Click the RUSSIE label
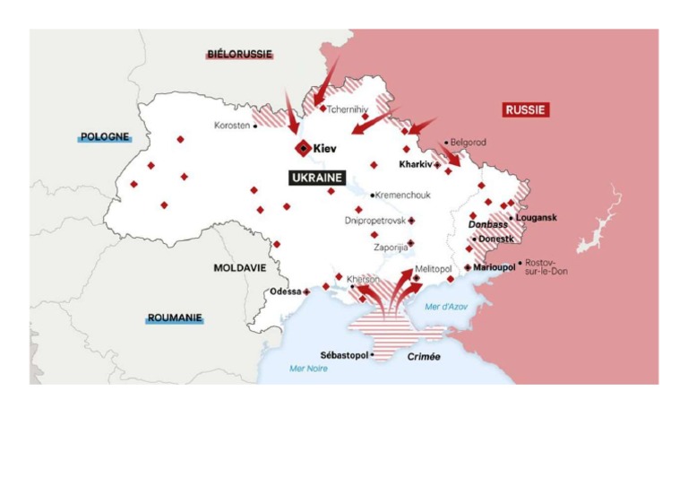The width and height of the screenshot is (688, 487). pos(525,110)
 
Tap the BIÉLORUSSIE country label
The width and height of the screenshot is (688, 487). pos(239,55)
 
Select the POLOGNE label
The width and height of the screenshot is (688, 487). pos(105,137)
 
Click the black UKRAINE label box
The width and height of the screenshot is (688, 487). pos(317,178)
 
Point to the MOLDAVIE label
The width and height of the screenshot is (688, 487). pos(240,267)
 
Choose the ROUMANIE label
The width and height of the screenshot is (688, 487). pos(175,317)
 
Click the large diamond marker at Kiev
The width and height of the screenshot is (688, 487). pos(304,148)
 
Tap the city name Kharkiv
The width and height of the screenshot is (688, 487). pos(415,164)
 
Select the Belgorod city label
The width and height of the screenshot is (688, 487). pos(468,143)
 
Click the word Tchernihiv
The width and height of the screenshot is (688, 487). pos(348,109)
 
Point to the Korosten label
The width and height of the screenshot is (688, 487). pos(232,126)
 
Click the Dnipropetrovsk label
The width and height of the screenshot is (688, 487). pos(374,220)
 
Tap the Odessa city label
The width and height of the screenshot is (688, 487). pos(285,291)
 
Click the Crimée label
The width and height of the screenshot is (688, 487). pos(424,357)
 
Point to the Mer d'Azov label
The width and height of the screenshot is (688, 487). pos(446,308)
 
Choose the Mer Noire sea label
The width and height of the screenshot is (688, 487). pos(308,369)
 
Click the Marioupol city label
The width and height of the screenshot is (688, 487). pos(494,267)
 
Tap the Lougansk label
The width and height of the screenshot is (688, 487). pos(536,218)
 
